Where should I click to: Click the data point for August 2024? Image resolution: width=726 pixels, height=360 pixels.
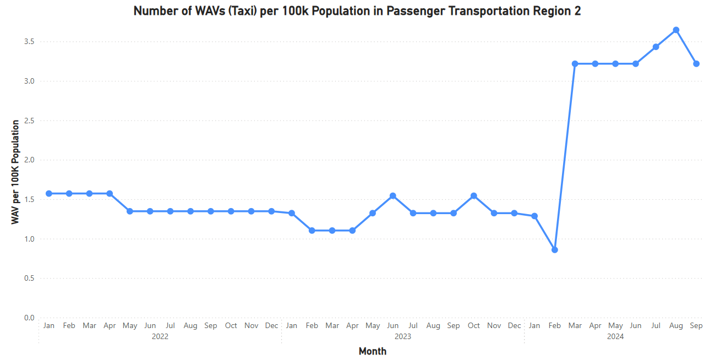(676, 30)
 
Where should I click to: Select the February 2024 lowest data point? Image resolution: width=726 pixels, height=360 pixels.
(555, 250)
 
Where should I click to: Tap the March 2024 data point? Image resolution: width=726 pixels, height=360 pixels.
(575, 64)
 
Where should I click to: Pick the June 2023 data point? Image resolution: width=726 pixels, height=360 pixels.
(393, 196)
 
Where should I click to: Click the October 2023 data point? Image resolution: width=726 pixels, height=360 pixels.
(474, 196)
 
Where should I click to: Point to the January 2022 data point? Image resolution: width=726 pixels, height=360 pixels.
(48, 194)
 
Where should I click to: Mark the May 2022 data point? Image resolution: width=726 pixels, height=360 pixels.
(130, 211)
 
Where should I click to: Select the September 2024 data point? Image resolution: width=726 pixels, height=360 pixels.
(696, 64)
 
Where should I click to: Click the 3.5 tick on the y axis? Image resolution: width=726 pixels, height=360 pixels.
(29, 42)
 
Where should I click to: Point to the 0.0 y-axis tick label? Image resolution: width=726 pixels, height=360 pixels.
(29, 318)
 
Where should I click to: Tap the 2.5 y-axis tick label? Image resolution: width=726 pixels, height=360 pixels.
(29, 121)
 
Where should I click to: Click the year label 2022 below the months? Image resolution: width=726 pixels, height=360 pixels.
(160, 336)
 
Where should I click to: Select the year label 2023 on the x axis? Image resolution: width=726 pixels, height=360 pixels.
(403, 336)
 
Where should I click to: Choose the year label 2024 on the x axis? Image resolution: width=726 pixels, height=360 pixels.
(615, 336)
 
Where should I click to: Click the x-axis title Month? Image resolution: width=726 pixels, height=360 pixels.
(373, 351)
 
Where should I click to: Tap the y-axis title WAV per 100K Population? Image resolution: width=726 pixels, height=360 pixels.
(15, 172)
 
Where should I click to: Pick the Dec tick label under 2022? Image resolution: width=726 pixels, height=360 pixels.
(271, 326)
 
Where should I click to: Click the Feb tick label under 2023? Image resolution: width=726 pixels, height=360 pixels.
(312, 326)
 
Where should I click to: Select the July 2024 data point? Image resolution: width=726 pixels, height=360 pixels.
(656, 47)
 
